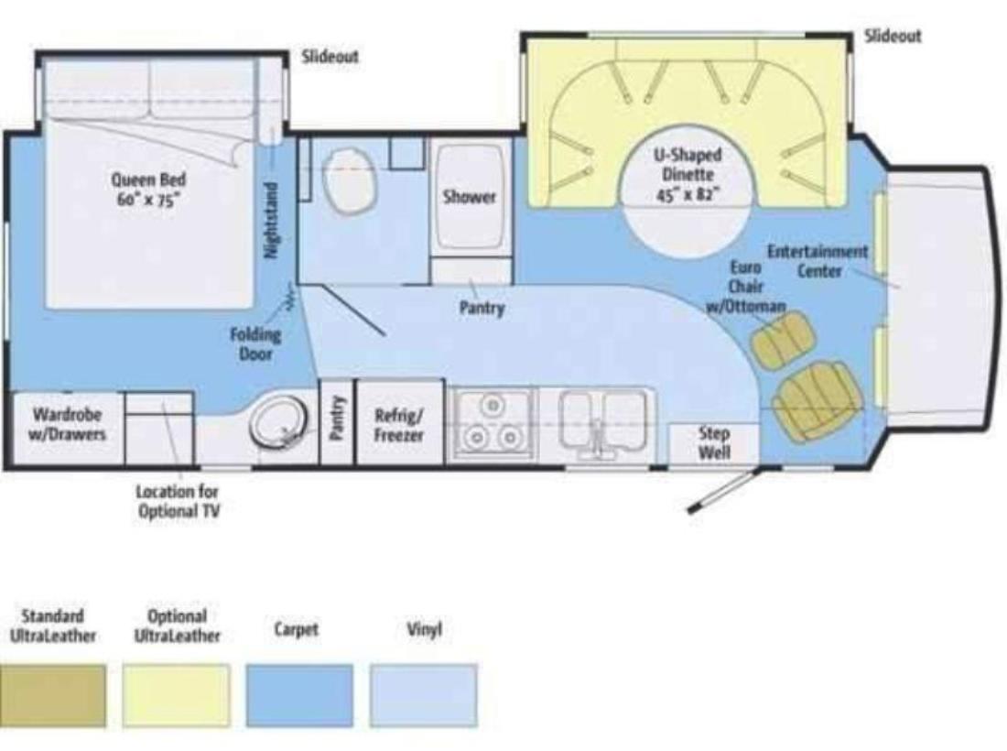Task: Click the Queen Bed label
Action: pos(148,190)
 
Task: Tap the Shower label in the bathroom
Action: pos(470,196)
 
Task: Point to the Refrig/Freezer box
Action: pos(399,422)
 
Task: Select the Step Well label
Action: pos(714,442)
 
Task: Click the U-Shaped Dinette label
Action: pos(688,174)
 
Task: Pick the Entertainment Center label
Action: pos(818,261)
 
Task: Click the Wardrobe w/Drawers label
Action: pos(68,423)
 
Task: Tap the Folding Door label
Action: pos(255,343)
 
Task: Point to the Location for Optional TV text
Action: pos(178,501)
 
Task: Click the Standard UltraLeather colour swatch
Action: pos(53,696)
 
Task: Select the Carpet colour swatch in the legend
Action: pos(299,696)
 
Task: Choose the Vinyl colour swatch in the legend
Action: pos(423,696)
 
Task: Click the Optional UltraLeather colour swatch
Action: pos(176,696)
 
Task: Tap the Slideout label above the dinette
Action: pos(893,36)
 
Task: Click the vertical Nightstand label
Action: pos(272,221)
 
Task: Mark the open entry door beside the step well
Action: pos(722,491)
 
